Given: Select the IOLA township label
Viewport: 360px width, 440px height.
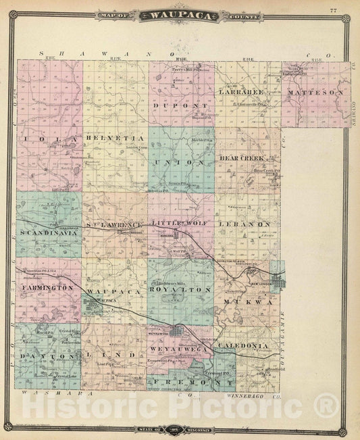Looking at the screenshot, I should point(37,139).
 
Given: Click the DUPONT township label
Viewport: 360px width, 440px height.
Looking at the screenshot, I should point(174,106).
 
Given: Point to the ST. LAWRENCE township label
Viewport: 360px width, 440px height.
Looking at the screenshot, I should point(113,224).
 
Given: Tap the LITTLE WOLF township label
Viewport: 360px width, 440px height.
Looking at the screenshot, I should point(179,222).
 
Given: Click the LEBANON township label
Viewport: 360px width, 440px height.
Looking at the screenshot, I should point(249,223).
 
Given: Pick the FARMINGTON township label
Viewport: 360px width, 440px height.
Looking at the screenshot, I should point(47,288).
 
